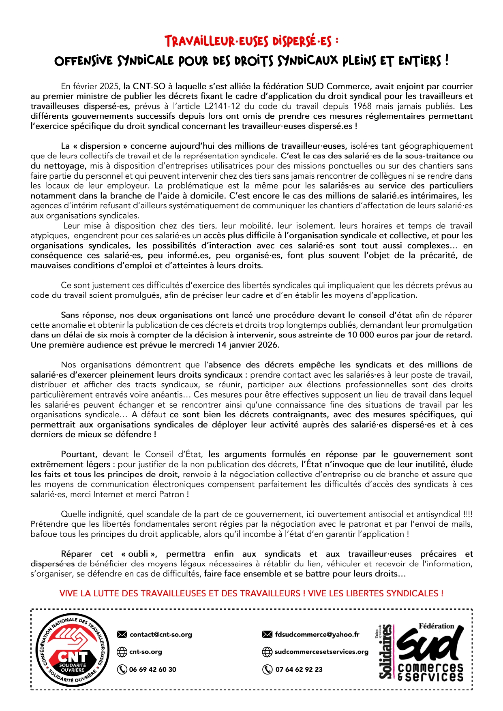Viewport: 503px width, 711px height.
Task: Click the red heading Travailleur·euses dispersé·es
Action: coord(251,41)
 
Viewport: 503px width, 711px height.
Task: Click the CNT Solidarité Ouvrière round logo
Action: coord(73,651)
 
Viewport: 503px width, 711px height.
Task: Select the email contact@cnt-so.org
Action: coord(161,634)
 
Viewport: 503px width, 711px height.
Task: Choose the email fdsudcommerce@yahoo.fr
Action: coord(317,634)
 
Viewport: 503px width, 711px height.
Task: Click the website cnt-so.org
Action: coord(146,652)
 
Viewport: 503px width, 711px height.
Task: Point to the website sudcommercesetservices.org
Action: coord(321,652)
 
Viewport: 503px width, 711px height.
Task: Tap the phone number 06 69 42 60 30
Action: coord(152,669)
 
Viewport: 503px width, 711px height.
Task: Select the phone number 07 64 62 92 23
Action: coord(299,669)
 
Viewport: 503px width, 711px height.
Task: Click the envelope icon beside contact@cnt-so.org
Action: coord(122,634)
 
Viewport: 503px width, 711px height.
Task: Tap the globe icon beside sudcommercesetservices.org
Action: coord(267,652)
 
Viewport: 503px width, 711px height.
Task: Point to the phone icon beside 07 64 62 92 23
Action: coord(267,669)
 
